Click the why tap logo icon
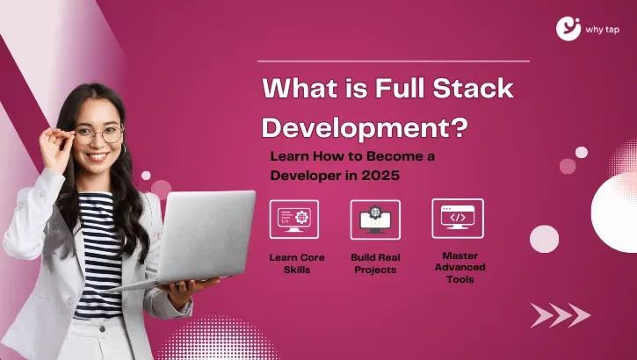(x=568, y=28)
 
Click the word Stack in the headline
(x=474, y=89)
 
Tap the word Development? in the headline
(x=365, y=127)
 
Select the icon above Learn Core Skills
(x=294, y=220)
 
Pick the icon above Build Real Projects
(x=375, y=220)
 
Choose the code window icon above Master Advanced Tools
(x=458, y=219)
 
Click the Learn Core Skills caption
(x=297, y=263)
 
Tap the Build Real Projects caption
(x=375, y=263)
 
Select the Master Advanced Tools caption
(x=460, y=267)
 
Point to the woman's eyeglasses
(x=98, y=134)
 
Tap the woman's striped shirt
(x=98, y=256)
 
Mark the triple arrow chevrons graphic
(x=561, y=315)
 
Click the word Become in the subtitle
(x=394, y=156)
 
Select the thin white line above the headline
(x=394, y=61)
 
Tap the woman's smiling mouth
(x=98, y=155)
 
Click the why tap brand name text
(x=603, y=30)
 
